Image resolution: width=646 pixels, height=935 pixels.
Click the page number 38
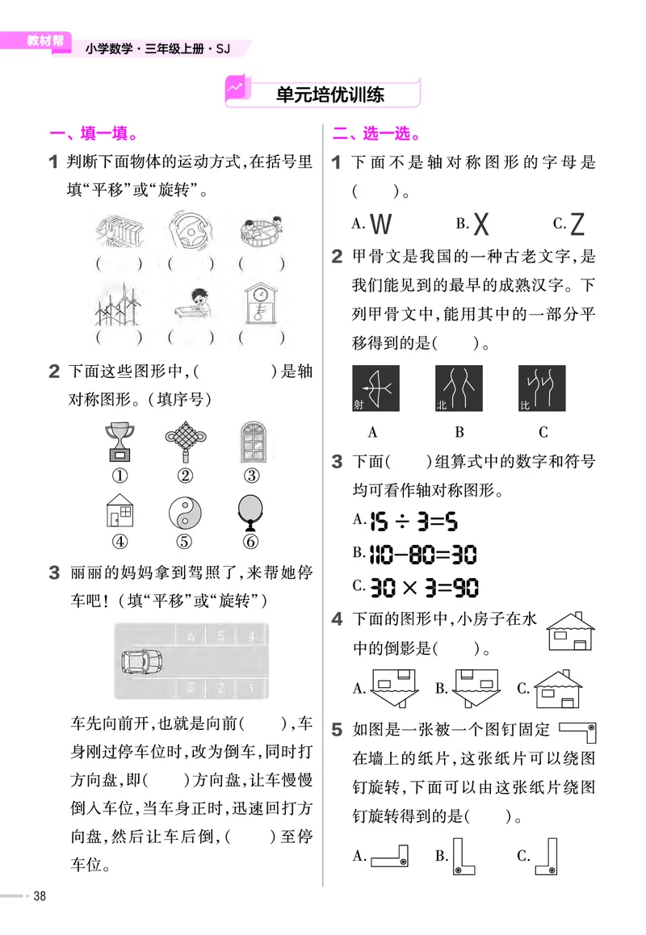[x=38, y=896]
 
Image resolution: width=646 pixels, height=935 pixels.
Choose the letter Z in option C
[x=577, y=223]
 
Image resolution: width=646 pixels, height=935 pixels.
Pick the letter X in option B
[x=481, y=223]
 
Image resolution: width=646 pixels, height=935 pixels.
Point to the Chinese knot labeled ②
[x=184, y=441]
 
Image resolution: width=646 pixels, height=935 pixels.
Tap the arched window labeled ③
[x=253, y=441]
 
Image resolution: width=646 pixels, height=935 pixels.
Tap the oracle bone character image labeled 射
[x=375, y=389]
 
